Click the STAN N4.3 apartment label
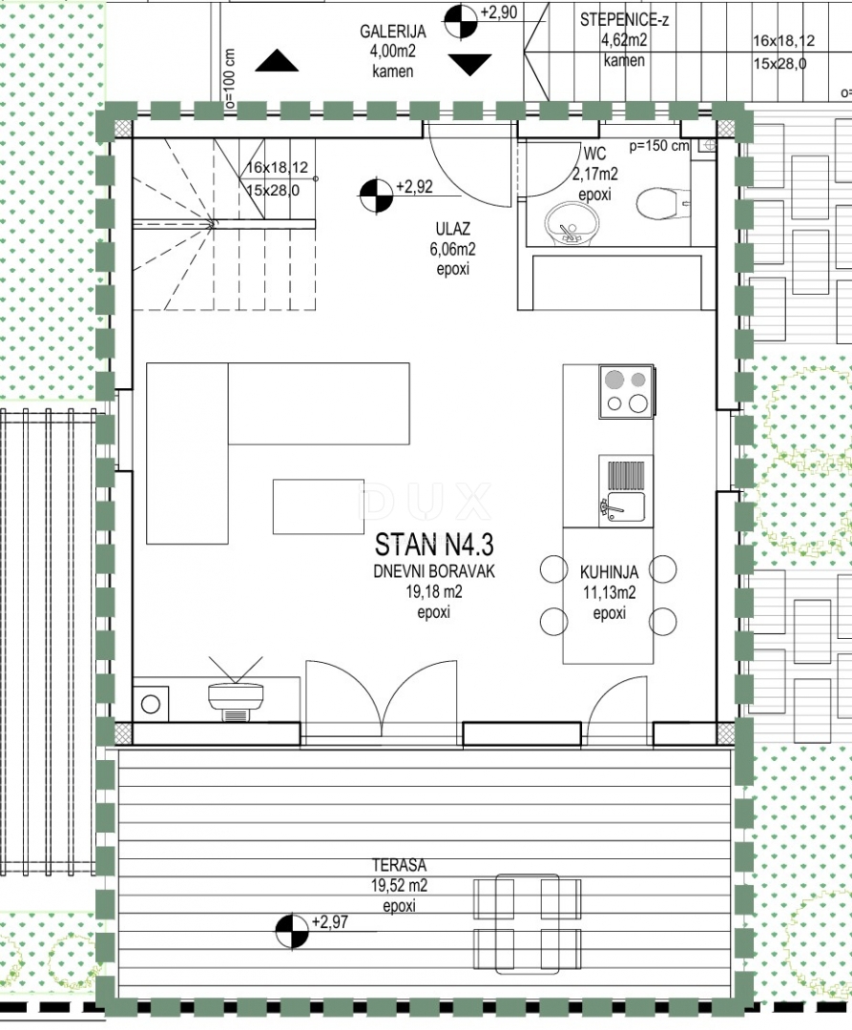(x=433, y=545)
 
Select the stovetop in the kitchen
(x=626, y=392)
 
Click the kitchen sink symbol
(x=625, y=490)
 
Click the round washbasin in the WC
(x=571, y=222)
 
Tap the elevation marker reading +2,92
(x=377, y=196)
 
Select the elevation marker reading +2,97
(x=292, y=932)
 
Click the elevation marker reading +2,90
(x=461, y=22)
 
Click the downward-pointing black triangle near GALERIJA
(x=469, y=65)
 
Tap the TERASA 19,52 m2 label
(x=400, y=885)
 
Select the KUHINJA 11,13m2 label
(x=609, y=592)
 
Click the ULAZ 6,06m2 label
(x=452, y=249)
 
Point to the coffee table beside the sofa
(x=319, y=506)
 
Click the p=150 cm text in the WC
(x=659, y=146)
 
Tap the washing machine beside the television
(x=151, y=704)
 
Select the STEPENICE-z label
(x=624, y=20)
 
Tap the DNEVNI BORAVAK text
(x=433, y=571)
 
